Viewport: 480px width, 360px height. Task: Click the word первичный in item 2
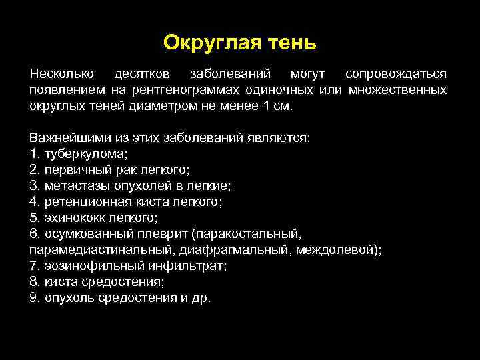tap(73, 169)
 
